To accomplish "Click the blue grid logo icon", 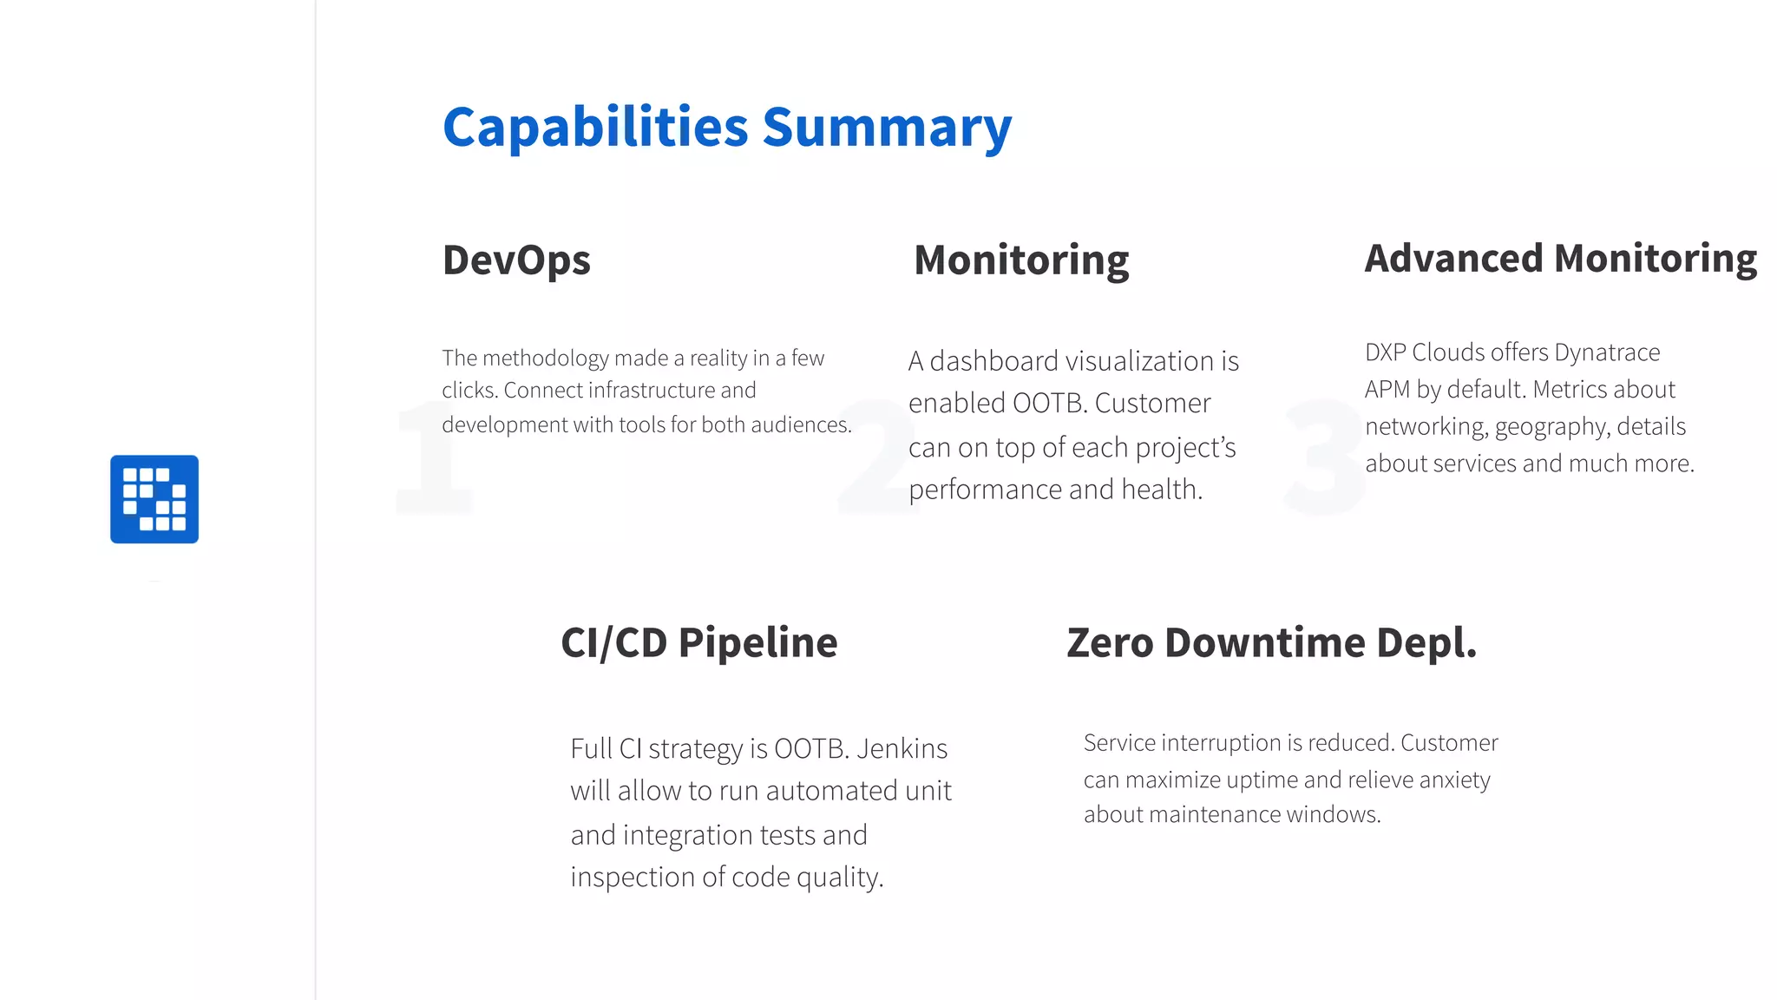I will (x=154, y=499).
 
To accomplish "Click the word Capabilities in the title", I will (x=595, y=128).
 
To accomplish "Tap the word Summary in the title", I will (x=887, y=128).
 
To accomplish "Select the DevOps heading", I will (x=516, y=260).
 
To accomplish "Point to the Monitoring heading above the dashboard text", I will (x=1021, y=260).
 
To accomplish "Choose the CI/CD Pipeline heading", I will (x=699, y=643).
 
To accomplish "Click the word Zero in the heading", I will (x=1110, y=643).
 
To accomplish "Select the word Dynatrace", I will (x=1607, y=352).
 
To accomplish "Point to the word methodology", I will (x=545, y=359).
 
